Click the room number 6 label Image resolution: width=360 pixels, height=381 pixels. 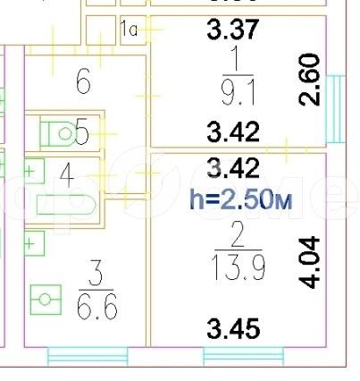click(83, 81)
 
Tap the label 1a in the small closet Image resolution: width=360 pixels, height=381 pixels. click(130, 30)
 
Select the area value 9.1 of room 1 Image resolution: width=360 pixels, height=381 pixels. click(239, 94)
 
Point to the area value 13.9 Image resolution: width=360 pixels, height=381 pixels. click(238, 268)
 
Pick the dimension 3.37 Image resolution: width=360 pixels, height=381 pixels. click(233, 29)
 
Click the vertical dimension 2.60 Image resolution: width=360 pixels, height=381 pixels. click(309, 80)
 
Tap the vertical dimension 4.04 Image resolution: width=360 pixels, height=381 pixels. click(309, 263)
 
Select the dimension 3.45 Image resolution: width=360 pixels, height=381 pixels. click(233, 329)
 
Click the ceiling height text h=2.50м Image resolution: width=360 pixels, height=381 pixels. click(241, 199)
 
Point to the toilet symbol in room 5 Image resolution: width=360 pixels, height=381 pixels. click(57, 133)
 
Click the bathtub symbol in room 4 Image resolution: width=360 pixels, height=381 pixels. click(66, 205)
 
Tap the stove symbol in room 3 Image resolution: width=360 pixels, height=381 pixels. click(46, 300)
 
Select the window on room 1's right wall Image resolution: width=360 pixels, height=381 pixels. click(336, 109)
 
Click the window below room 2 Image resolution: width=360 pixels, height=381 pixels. click(244, 356)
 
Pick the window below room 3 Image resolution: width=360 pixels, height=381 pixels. click(88, 356)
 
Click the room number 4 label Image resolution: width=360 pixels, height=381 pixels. click(67, 176)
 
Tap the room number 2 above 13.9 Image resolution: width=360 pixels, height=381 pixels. click(238, 235)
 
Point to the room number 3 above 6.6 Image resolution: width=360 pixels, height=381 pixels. click(96, 273)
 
